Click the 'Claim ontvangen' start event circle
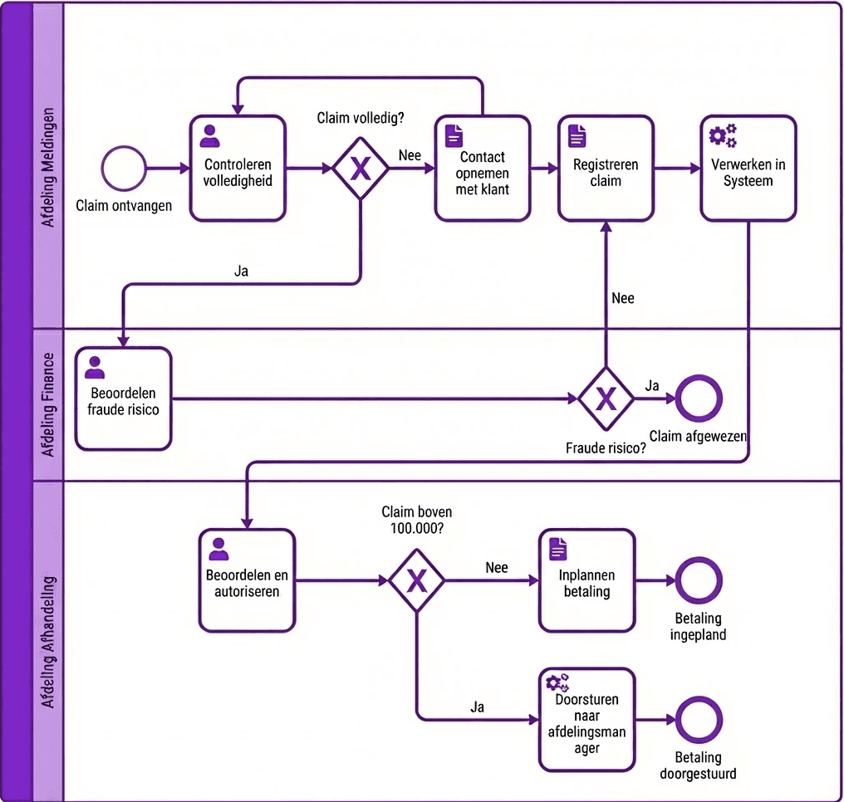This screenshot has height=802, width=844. (x=124, y=169)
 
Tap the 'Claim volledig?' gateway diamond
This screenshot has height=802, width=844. (x=361, y=169)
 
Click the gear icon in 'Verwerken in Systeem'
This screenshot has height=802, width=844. (x=722, y=135)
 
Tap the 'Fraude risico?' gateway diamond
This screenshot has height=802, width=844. (x=606, y=399)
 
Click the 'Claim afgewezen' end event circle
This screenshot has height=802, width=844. (x=699, y=399)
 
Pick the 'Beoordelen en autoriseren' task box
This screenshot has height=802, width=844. (x=247, y=580)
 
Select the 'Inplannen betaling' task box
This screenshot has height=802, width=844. (x=586, y=580)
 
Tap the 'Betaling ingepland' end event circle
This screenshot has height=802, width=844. (x=699, y=581)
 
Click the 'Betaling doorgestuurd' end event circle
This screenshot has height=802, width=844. (x=699, y=719)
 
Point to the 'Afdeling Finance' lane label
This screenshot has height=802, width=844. (x=48, y=404)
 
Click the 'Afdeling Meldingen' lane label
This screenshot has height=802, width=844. (x=48, y=166)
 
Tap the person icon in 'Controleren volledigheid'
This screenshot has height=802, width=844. (x=211, y=135)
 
